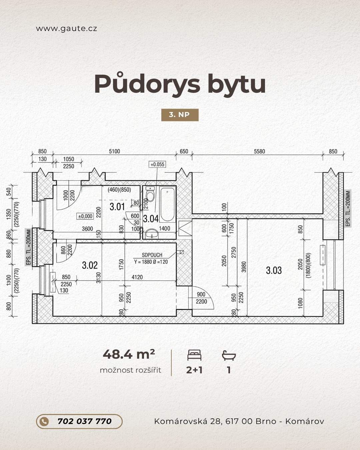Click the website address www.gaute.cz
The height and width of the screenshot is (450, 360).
coord(67,28)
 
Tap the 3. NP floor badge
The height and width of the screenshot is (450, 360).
coord(180,115)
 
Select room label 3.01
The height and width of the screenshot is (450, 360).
coord(117,207)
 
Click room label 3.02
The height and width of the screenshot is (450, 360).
coord(90,265)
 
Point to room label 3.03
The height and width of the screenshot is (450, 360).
coord(274,270)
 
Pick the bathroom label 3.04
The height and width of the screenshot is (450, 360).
coord(151,219)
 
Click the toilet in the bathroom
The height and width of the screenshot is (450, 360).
coord(150,194)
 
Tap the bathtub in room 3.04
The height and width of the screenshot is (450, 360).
coord(167,204)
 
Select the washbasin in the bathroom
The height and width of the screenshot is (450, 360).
coord(152,233)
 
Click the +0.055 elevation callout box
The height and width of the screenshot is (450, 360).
coord(157,164)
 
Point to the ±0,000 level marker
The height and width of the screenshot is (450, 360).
coord(85,216)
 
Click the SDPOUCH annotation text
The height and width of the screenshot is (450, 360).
coord(152,255)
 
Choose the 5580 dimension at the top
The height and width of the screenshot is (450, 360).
coord(259,151)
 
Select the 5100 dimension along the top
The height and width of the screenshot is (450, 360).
coord(114,151)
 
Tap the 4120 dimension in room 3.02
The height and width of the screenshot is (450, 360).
coord(137,277)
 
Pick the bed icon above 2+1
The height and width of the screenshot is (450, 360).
coord(194,355)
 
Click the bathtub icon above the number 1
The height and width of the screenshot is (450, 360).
coord(229,355)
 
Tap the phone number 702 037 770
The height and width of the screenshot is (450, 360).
coord(85,421)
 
